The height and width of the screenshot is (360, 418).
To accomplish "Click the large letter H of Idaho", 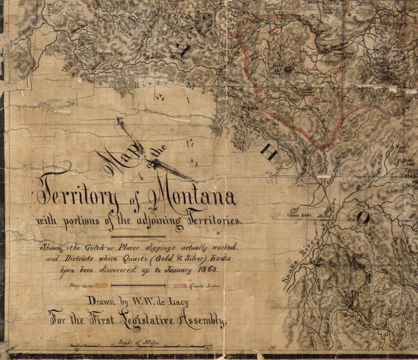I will tap(267, 153).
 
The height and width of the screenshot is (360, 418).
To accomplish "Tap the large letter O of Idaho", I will tap(363, 217).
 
